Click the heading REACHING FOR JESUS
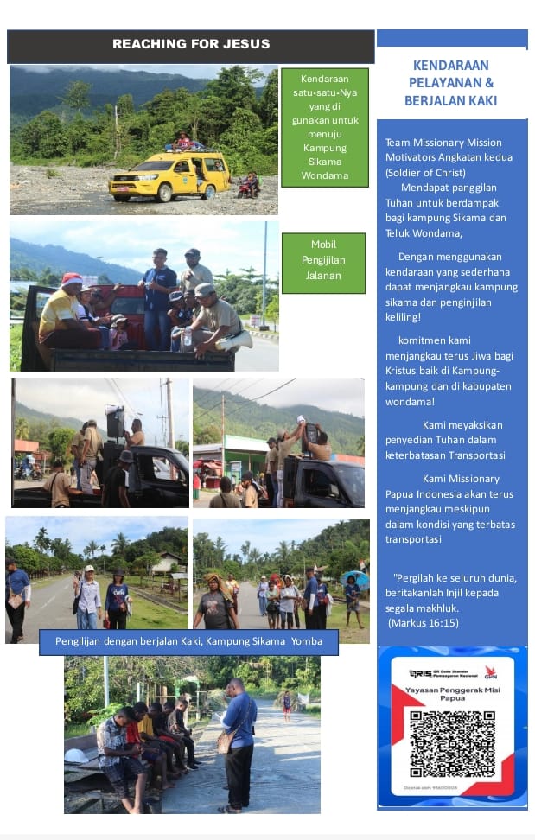tap(191, 44)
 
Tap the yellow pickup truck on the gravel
tap(169, 175)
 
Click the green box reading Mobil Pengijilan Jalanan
tap(323, 263)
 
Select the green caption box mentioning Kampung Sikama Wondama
tap(324, 127)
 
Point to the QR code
tap(452, 744)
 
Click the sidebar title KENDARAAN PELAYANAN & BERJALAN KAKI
tap(450, 84)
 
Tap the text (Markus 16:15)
tap(424, 622)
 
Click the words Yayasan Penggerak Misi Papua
tap(452, 695)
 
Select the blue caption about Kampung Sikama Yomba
tap(188, 642)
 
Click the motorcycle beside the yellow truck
tap(249, 185)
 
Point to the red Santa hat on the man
tap(72, 279)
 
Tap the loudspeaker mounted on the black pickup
tap(115, 422)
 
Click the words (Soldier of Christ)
tap(425, 172)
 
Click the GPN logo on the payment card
tap(490, 671)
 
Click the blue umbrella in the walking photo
tap(354, 577)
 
